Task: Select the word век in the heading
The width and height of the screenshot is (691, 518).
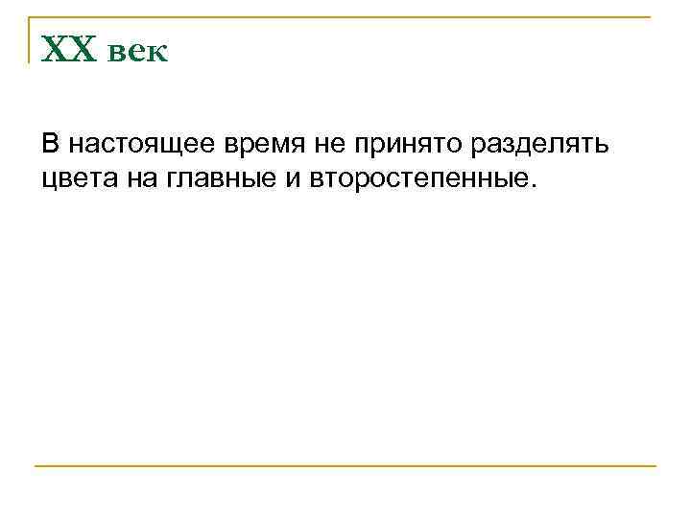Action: [x=136, y=52]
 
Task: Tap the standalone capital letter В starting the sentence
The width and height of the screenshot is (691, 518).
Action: [x=50, y=145]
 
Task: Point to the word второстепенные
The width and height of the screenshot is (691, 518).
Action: [x=417, y=177]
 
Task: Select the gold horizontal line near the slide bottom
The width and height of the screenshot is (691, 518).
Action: [x=345, y=466]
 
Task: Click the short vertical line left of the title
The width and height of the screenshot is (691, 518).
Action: [x=29, y=38]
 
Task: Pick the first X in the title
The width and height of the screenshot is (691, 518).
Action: [x=57, y=49]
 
